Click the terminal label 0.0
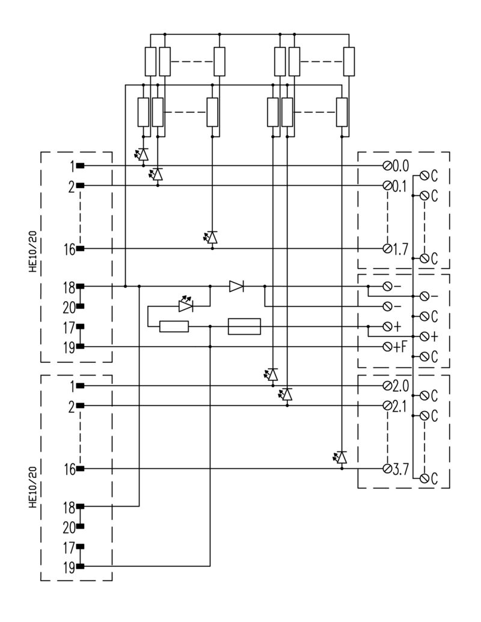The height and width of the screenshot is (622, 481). [400, 166]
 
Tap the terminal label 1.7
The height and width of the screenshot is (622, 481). [400, 249]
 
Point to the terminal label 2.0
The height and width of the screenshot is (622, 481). [400, 386]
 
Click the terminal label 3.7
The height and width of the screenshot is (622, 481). [400, 469]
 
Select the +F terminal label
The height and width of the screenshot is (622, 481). [400, 347]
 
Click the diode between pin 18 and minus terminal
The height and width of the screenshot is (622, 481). [236, 286]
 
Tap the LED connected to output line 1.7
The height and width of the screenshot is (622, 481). [211, 237]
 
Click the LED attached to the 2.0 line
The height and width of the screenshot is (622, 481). [271, 374]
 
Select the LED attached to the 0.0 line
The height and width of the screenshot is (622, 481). [142, 154]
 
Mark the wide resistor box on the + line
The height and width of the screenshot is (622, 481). [245, 326]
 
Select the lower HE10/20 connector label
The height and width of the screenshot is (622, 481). [33, 487]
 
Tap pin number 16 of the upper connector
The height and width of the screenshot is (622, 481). [70, 249]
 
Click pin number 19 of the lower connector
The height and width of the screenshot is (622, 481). [69, 567]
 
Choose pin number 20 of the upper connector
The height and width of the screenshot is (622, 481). [69, 308]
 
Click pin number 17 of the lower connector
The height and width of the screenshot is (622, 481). [69, 548]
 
